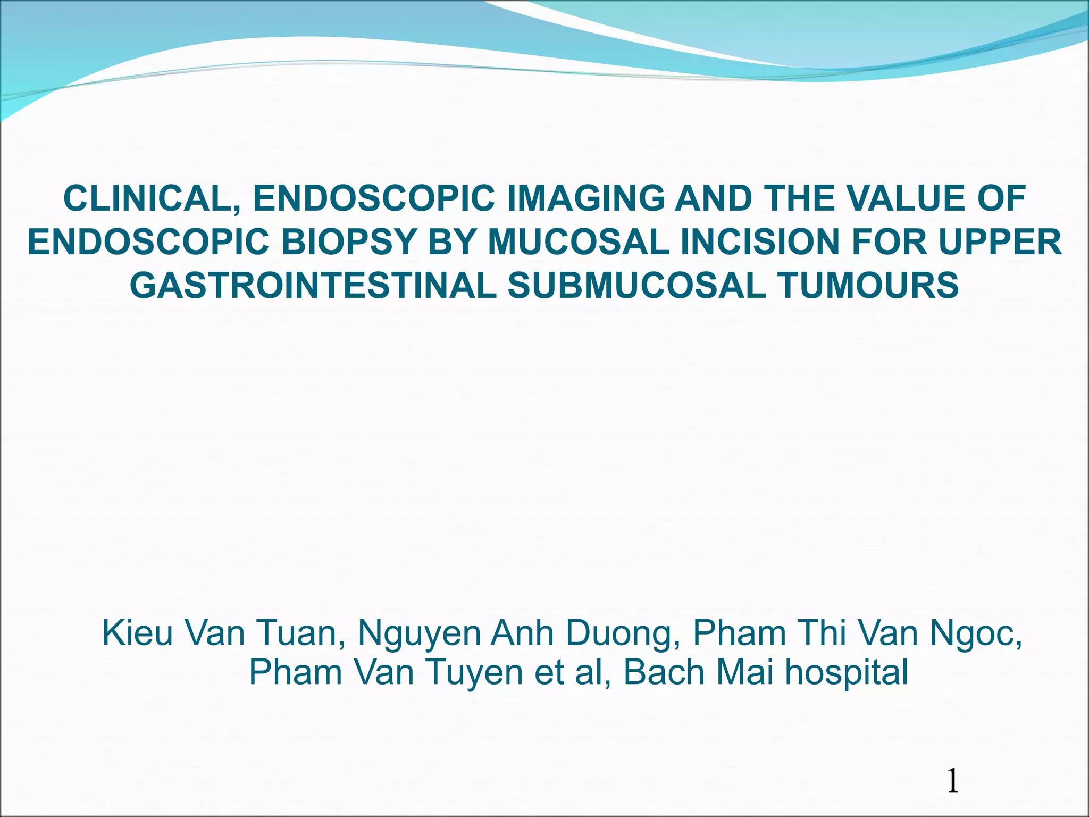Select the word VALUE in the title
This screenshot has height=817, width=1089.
[904, 198]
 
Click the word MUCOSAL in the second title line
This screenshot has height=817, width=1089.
[579, 242]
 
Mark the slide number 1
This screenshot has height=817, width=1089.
[952, 782]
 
